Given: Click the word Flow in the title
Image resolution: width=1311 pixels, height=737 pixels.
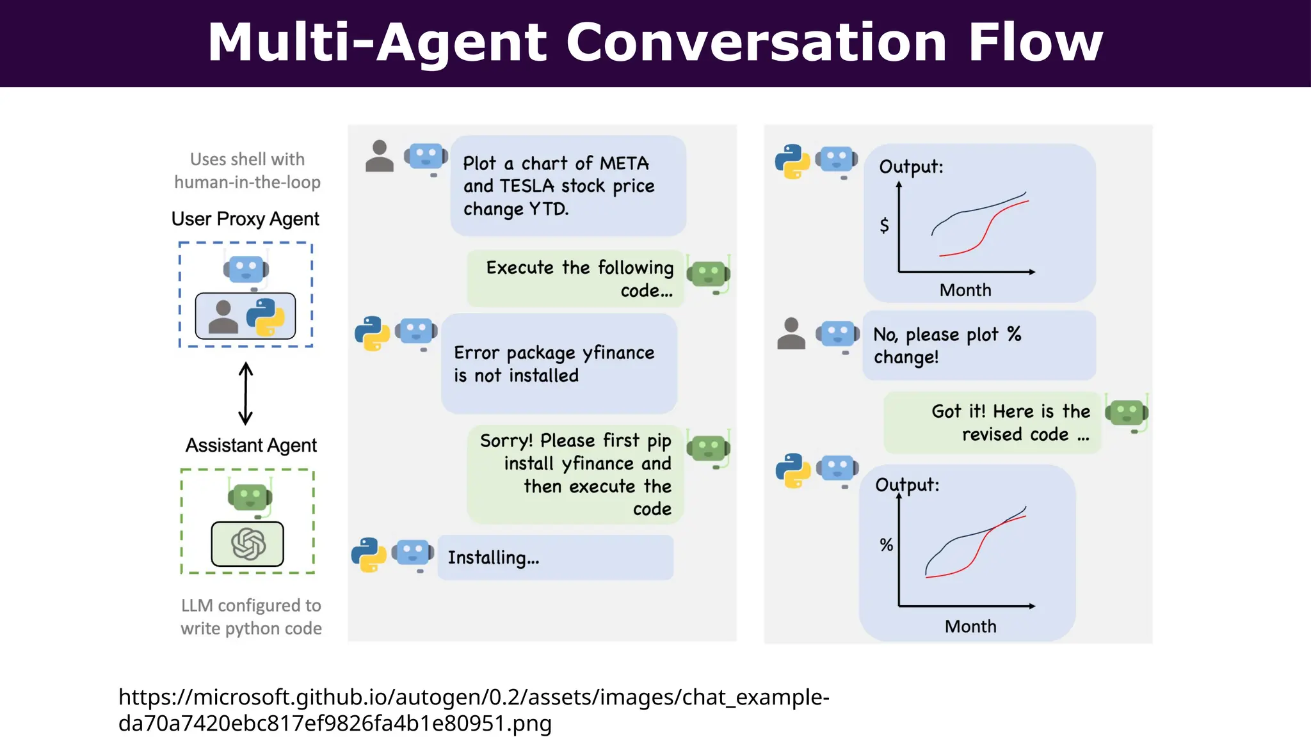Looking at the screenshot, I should [x=1035, y=42].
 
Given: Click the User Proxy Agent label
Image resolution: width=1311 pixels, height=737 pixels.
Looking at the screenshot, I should [x=245, y=219].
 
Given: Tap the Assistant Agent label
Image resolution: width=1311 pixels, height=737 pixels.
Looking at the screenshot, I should [x=251, y=445].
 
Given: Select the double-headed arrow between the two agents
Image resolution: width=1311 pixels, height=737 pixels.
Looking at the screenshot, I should [x=245, y=393].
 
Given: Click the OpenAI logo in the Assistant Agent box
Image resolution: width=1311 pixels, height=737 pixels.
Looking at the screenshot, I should [x=248, y=544].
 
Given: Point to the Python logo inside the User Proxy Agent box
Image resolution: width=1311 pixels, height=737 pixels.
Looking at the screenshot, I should [x=265, y=317].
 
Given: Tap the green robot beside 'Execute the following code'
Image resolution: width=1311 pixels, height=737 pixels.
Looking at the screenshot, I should [x=708, y=274].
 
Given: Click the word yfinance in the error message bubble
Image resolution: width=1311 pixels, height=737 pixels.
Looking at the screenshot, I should [x=618, y=353].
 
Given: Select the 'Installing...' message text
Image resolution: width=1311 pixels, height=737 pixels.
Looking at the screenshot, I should [x=493, y=558].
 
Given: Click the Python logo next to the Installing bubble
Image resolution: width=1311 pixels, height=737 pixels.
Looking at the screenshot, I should [x=369, y=554].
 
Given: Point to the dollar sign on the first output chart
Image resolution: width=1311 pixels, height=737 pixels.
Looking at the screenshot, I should [x=884, y=225].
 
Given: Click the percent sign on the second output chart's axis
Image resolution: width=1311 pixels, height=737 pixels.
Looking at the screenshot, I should [x=886, y=545].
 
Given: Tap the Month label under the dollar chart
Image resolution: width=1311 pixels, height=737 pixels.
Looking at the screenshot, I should [x=965, y=290].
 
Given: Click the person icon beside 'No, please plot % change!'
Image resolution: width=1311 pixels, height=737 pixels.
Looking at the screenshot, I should [x=791, y=333].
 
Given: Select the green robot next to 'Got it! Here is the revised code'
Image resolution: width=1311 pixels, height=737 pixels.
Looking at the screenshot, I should [x=1127, y=413].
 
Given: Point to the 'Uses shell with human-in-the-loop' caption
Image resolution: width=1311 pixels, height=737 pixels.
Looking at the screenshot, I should [x=247, y=171].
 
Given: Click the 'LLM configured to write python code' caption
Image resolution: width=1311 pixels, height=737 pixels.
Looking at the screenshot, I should [x=251, y=617].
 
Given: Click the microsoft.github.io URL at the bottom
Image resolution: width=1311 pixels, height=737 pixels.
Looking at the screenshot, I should [x=473, y=709].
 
